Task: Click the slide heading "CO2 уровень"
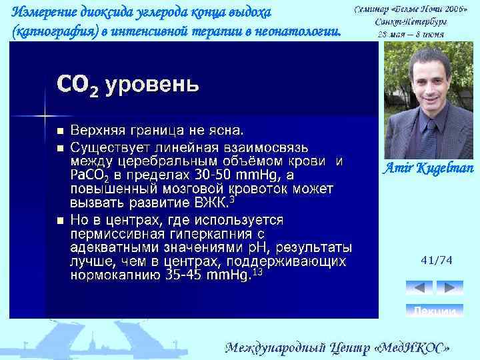click(x=127, y=85)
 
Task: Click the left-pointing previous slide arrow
click(x=419, y=287)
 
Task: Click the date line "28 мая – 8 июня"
click(x=411, y=33)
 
